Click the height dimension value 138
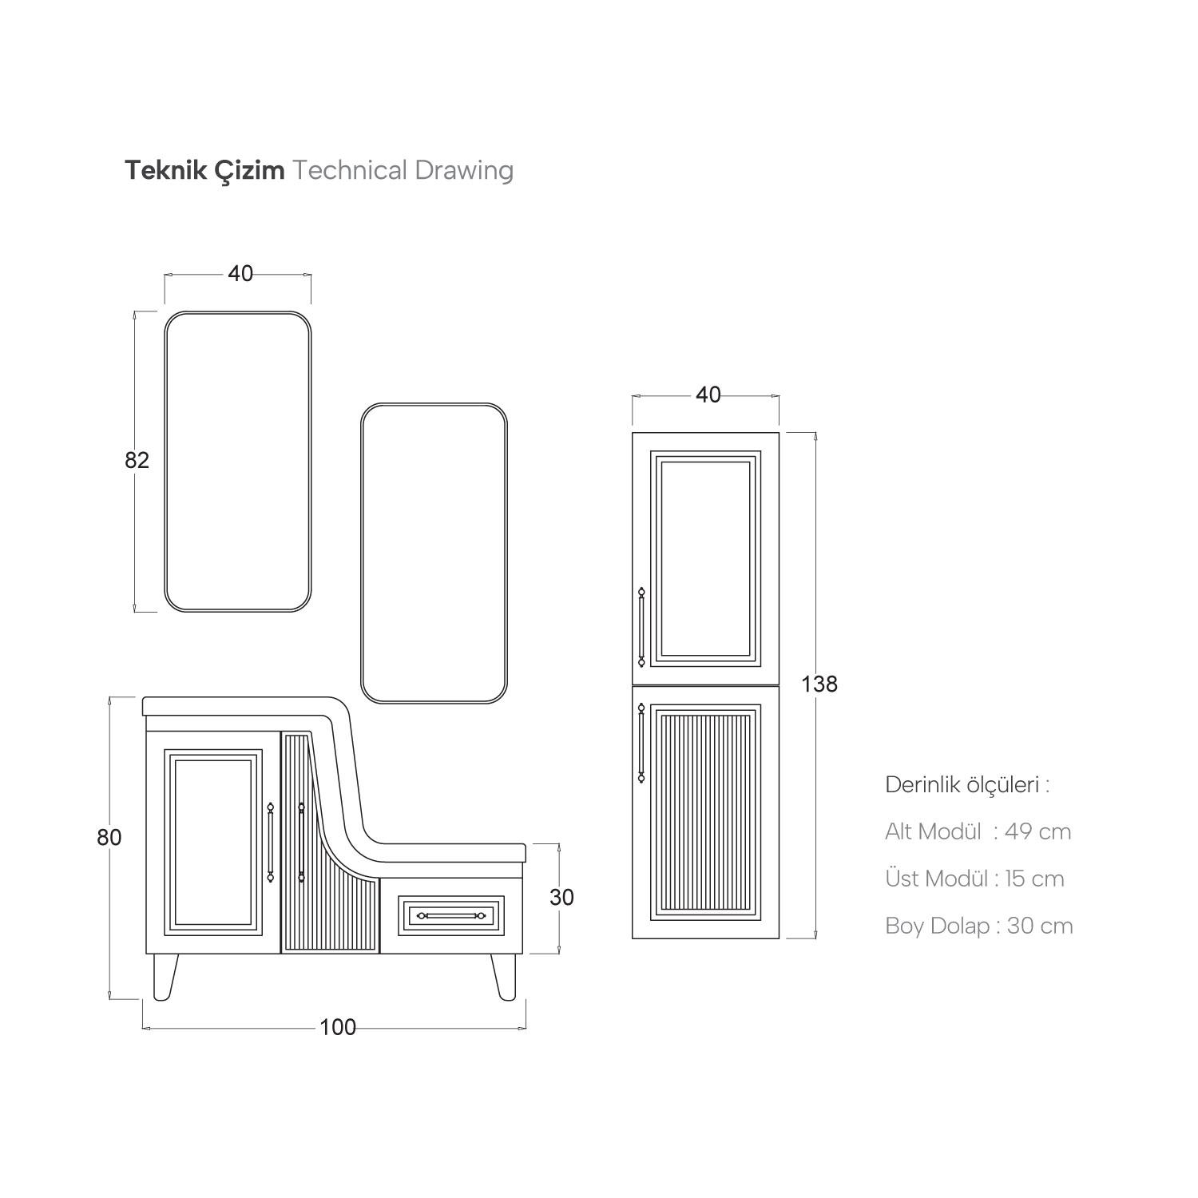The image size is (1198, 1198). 820,684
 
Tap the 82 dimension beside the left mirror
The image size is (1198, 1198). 137,461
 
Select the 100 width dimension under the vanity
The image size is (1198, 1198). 338,1027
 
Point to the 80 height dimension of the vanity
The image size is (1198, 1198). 109,838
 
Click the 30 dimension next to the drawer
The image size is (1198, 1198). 561,898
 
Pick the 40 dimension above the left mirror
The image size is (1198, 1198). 240,274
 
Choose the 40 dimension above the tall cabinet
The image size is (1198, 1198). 708,395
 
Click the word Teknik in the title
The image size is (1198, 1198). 159,171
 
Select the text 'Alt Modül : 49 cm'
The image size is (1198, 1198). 978,832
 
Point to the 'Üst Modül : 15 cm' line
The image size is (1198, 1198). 974,879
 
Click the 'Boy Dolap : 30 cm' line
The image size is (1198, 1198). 978,926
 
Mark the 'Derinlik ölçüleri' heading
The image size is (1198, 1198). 966,785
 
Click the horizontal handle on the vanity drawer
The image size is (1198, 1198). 452,915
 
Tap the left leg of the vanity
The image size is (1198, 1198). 165,976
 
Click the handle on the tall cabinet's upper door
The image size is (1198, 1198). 641,628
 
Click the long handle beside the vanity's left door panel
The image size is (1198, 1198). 271,842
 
